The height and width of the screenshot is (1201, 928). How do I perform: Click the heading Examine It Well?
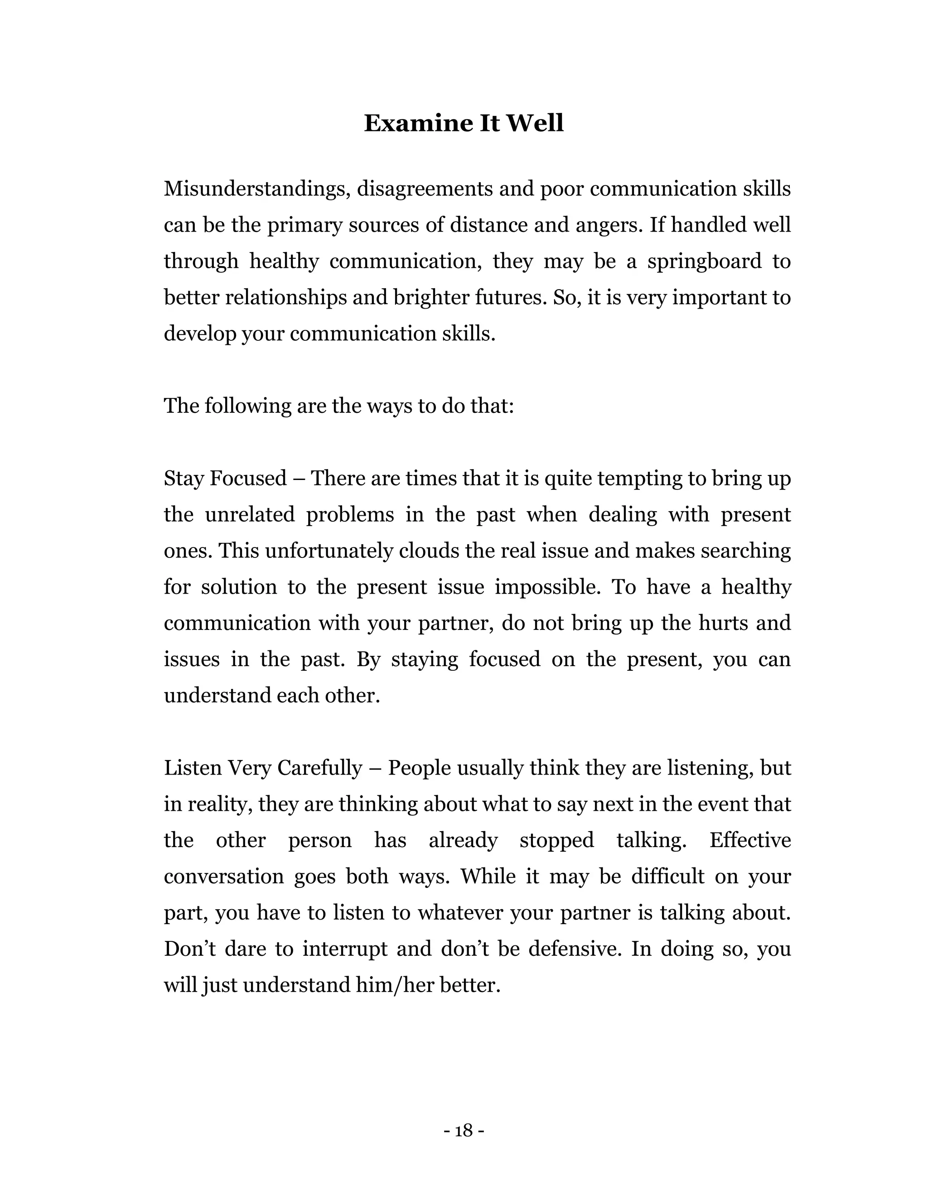click(464, 123)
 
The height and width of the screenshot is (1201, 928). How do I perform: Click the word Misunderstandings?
click(257, 189)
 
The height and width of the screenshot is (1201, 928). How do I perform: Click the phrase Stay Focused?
click(225, 479)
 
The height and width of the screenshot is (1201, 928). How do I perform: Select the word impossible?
click(547, 587)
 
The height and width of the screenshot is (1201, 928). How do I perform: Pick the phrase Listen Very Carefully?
click(263, 768)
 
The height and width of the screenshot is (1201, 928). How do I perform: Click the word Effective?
click(750, 840)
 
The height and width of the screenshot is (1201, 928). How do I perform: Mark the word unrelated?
click(250, 515)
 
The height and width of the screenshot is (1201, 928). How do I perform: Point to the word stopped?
click(556, 840)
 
